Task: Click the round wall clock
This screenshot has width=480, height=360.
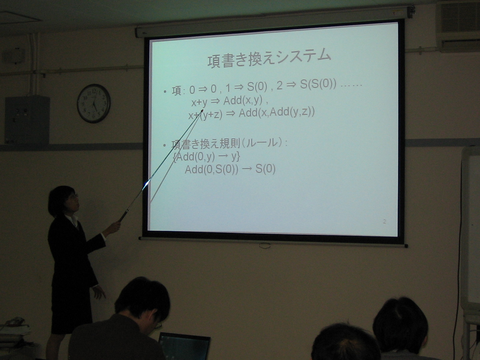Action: (94, 103)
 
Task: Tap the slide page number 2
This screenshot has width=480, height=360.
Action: (385, 221)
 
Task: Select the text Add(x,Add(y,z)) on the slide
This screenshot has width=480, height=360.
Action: (276, 113)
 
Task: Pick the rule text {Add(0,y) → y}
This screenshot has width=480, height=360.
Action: (207, 157)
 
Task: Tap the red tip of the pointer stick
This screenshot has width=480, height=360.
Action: (202, 111)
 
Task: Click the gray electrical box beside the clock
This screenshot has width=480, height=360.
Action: (27, 120)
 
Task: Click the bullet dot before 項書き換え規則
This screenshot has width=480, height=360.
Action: (165, 145)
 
